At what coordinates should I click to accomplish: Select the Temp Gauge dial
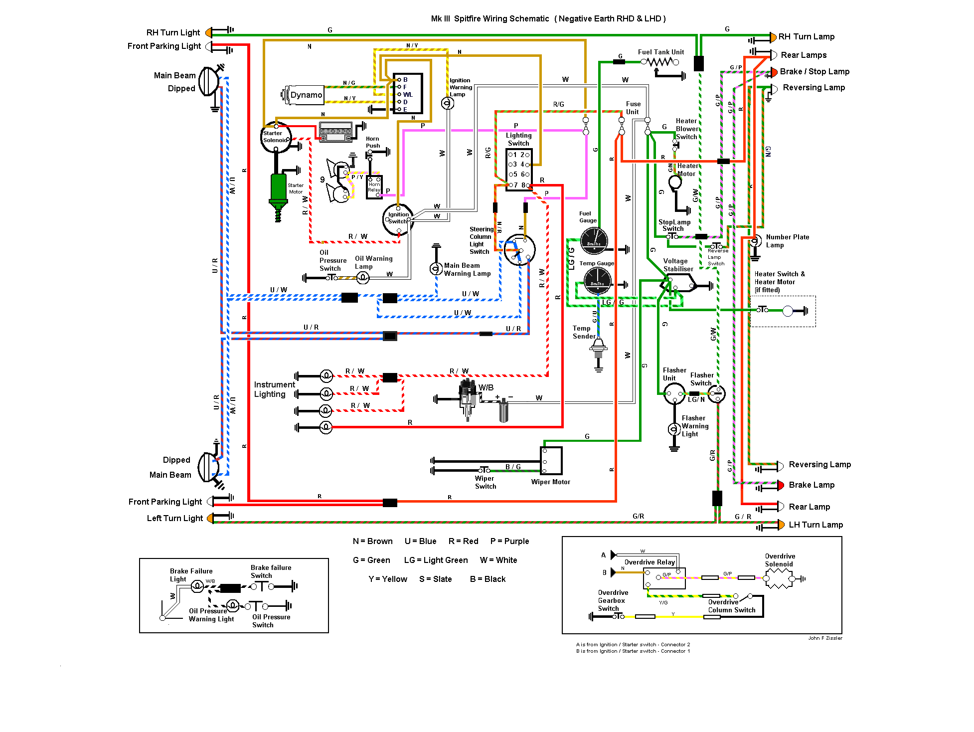coord(597,280)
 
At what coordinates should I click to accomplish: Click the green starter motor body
coord(279,187)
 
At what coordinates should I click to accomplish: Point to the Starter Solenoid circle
coord(276,137)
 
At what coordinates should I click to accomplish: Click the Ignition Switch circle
coord(398,219)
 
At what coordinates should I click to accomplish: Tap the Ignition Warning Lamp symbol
coord(448,103)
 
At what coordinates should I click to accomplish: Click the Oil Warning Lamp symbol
coord(363,278)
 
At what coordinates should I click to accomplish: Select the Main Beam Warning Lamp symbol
coord(436,269)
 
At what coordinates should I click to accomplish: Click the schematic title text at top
coord(548,19)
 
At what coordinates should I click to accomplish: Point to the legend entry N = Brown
coord(372,542)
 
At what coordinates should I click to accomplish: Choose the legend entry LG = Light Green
coord(436,560)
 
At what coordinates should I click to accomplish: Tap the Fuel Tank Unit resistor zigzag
coord(660,62)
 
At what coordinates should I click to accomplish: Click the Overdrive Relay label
coord(649,562)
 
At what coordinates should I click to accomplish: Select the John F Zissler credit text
coord(825,638)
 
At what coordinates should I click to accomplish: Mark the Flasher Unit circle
coord(674,394)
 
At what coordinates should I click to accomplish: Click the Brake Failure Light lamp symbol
coord(197,586)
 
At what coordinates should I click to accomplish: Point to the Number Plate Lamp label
coord(787,241)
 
